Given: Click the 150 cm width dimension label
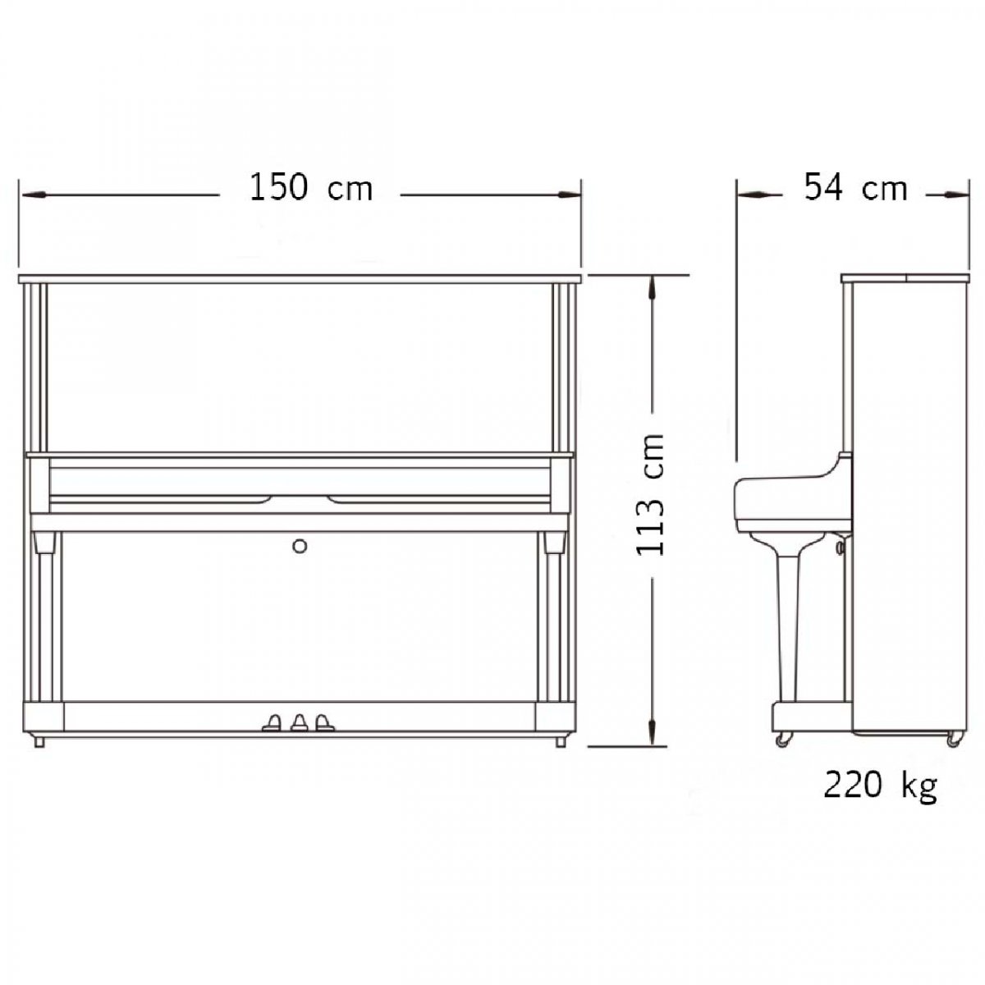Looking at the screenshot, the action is pos(311,188).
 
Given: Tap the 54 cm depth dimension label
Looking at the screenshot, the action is pos(855,188).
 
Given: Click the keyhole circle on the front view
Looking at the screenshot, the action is pos(300,546).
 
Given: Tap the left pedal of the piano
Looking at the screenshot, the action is pos(272,722).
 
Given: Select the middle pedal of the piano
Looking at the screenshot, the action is pos(300,722).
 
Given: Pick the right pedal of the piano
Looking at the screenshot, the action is pos(324,722).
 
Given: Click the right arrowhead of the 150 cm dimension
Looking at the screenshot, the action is pos(568,195).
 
